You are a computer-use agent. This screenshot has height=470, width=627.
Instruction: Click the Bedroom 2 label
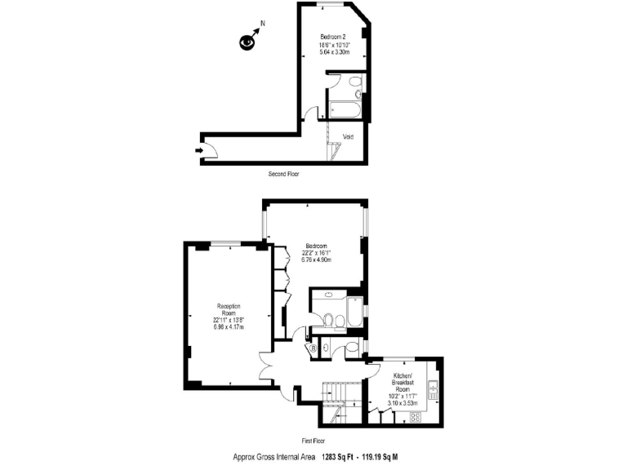[334, 37]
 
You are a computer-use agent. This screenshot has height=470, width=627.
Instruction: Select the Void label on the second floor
[348, 136]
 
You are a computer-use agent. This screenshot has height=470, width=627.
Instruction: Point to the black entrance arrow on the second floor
[200, 150]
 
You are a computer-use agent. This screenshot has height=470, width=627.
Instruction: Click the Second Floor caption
[285, 175]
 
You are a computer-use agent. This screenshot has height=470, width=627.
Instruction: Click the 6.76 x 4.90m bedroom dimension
[317, 260]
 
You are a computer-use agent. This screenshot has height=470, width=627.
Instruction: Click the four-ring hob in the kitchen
[414, 417]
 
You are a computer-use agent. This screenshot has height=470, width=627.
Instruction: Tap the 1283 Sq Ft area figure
[340, 458]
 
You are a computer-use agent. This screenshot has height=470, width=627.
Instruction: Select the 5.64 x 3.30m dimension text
[334, 52]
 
